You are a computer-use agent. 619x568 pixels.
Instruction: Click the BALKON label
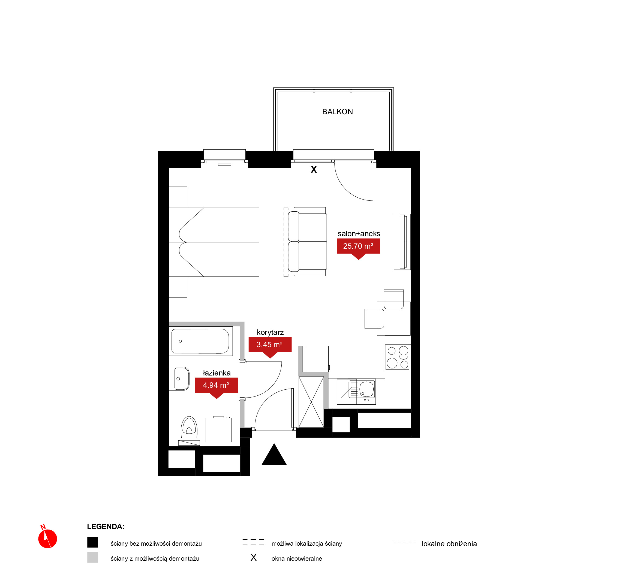[338, 112]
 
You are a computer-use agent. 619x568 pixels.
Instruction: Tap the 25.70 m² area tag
[358, 247]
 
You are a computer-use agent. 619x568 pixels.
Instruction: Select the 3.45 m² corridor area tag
[270, 345]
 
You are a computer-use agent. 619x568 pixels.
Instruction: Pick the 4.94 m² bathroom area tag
[216, 386]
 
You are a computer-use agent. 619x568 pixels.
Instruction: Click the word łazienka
[217, 373]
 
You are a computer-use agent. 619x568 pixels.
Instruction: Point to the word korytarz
[270, 332]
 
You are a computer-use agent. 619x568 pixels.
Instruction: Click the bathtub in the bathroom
[201, 341]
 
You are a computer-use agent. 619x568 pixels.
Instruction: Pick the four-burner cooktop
[398, 357]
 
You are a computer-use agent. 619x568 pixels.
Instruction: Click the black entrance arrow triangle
[274, 455]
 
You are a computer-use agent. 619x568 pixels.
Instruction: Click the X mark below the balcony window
[314, 169]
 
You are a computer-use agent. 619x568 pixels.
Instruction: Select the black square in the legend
[92, 542]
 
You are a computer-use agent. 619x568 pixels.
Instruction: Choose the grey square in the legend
[92, 557]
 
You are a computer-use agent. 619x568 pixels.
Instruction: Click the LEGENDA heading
[106, 527]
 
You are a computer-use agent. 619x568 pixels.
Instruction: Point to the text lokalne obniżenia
[449, 544]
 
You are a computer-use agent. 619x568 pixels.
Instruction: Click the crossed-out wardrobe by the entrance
[311, 402]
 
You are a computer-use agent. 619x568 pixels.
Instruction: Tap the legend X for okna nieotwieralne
[254, 558]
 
